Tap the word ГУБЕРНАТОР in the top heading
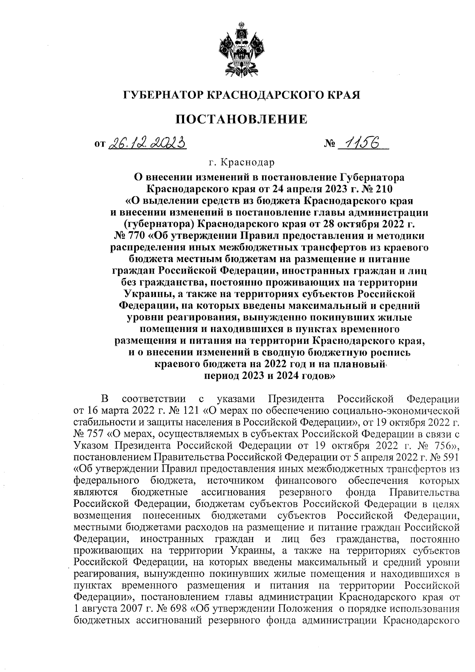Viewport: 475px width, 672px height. pos(164,95)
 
